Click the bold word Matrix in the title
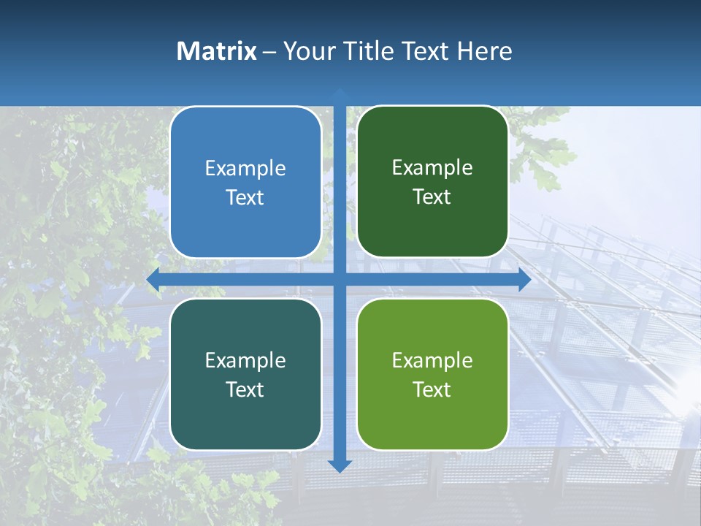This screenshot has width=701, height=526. pos(217,51)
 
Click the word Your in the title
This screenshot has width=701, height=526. pos(307,51)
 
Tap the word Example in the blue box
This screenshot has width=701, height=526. pos(245,168)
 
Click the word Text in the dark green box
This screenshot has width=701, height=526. pos(432,197)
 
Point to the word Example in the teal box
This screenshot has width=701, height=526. pos(245,360)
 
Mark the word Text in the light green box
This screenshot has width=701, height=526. pos(432,389)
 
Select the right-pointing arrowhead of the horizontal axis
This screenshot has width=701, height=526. pos(524,279)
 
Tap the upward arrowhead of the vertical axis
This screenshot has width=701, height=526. pos(340,93)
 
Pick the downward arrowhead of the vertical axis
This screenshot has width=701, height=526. pos(340,465)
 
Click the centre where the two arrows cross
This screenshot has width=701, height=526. pos(340,279)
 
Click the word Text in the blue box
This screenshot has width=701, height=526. pos(245,197)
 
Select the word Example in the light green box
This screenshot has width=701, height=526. pos(432,360)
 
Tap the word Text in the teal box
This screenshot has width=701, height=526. pos(245,389)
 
